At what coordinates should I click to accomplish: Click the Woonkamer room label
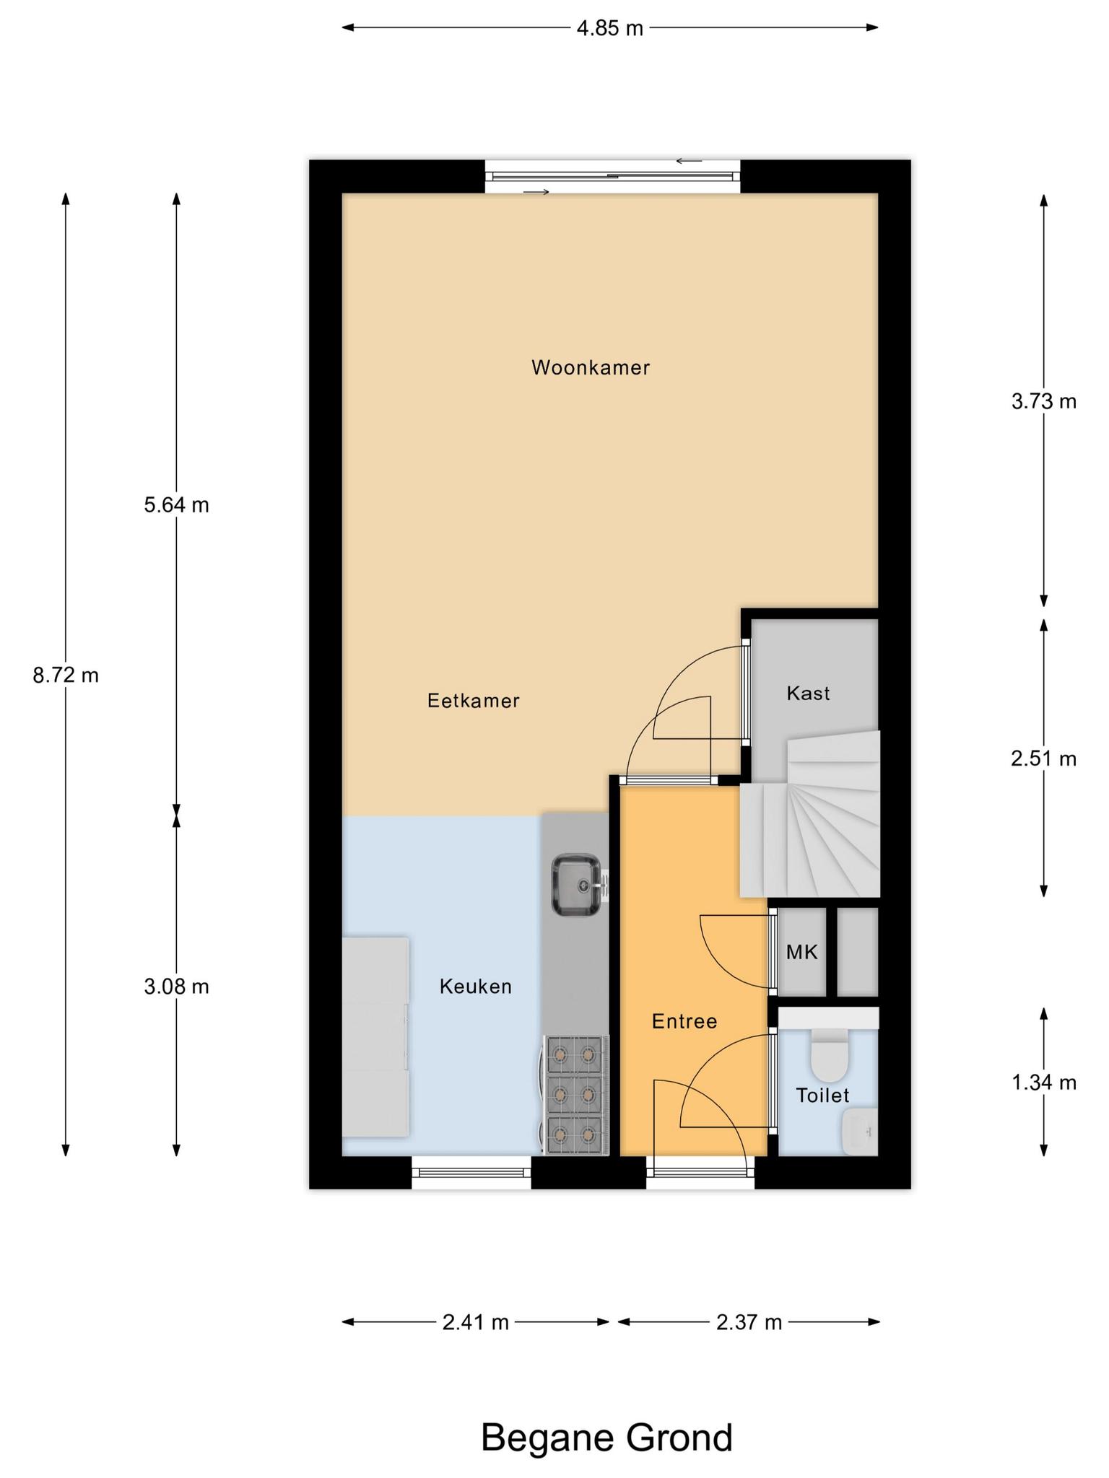point(591,368)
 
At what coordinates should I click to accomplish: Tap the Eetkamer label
point(474,701)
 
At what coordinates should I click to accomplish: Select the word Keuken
point(476,987)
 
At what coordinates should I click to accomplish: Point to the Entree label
point(684,1021)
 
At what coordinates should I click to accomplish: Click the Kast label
point(809,694)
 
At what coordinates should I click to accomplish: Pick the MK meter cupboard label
point(802,953)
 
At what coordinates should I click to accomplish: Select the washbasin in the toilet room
point(860,1132)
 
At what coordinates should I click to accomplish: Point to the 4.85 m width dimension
point(610,28)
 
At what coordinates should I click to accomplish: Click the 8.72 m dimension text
point(66,675)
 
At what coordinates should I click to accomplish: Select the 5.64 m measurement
point(177,505)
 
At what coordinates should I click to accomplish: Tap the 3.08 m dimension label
point(177,987)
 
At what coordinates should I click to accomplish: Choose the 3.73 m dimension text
point(1044,401)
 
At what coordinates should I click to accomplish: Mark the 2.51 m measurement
point(1044,758)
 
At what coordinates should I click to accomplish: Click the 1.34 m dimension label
point(1044,1083)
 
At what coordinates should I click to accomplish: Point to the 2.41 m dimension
point(476,1322)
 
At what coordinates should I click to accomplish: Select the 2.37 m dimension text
point(749,1322)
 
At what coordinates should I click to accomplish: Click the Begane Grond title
point(606,1438)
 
